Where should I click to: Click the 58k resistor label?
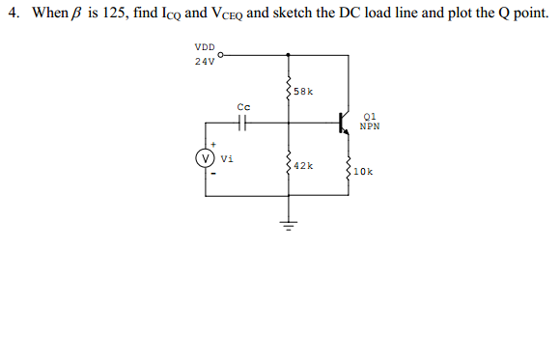303,92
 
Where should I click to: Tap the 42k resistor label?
303,166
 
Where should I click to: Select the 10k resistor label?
363,172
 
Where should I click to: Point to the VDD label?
205,46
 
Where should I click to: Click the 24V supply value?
204,61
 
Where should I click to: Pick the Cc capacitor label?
242,106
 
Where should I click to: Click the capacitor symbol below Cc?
242,123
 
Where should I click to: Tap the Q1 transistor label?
369,115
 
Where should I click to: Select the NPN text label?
369,125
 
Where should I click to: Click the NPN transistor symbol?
343,123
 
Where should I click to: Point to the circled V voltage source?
205,157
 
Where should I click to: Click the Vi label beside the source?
226,158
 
